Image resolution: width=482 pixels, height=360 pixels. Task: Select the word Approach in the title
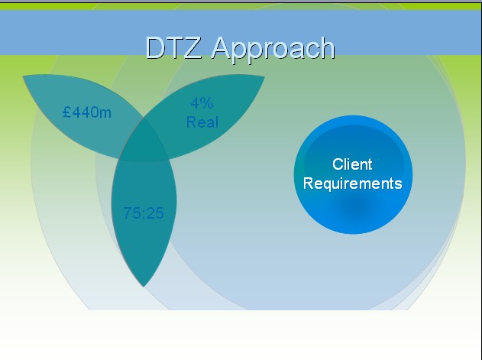point(273,49)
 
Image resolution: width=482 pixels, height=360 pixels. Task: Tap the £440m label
point(87,113)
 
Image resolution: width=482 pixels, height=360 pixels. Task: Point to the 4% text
point(202,103)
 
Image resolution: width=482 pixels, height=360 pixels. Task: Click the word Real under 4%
point(202,122)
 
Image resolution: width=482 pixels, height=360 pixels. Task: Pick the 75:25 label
point(144,213)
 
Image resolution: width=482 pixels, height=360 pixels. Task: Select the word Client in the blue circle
point(352,164)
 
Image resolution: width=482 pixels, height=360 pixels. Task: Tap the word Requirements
point(352,183)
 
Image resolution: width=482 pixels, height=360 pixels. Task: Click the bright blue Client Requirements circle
point(352,210)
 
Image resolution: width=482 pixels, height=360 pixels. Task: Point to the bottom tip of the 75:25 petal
point(144,286)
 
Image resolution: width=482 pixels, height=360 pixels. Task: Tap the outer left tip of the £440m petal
point(24,77)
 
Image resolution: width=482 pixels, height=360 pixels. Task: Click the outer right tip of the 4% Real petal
point(263,77)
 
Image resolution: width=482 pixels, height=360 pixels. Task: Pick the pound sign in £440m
point(67,113)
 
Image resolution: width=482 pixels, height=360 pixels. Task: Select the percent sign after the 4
point(207,103)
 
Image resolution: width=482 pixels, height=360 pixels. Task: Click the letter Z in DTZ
point(193,48)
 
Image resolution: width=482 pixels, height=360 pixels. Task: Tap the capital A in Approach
point(222,48)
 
